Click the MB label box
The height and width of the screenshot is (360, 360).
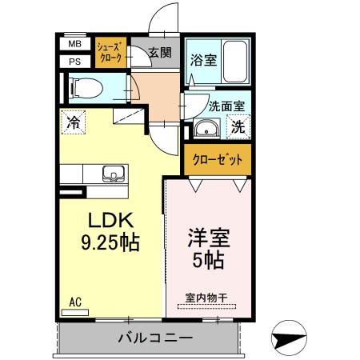point(74,45)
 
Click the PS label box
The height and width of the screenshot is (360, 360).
point(74,61)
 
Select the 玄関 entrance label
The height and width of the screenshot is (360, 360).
point(159,54)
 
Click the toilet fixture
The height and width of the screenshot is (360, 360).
point(83,86)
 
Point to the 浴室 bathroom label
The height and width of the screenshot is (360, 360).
point(201,59)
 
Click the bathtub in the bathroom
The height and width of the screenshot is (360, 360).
point(235,61)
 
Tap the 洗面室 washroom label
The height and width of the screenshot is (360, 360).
point(226,105)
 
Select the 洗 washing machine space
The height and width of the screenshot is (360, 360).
point(238,126)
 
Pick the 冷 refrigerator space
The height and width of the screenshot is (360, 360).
point(73,123)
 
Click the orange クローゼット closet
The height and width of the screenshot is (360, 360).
point(216,160)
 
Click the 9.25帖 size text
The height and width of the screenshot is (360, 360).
point(110,242)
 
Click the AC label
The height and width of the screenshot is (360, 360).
point(75,302)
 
